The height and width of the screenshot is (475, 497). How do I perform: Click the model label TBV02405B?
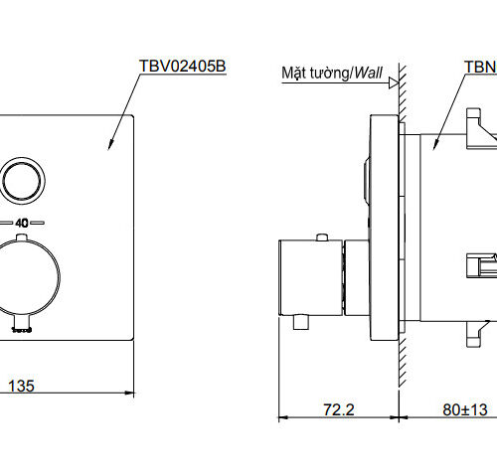point(183,67)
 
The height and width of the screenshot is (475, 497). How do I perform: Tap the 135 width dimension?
point(23,386)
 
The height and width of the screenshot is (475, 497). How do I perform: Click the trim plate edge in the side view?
point(379,229)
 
